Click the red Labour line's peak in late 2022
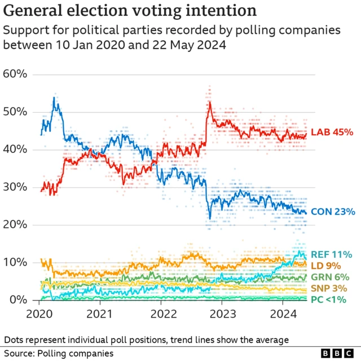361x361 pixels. point(209,102)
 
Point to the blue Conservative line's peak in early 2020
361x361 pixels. point(54,98)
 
